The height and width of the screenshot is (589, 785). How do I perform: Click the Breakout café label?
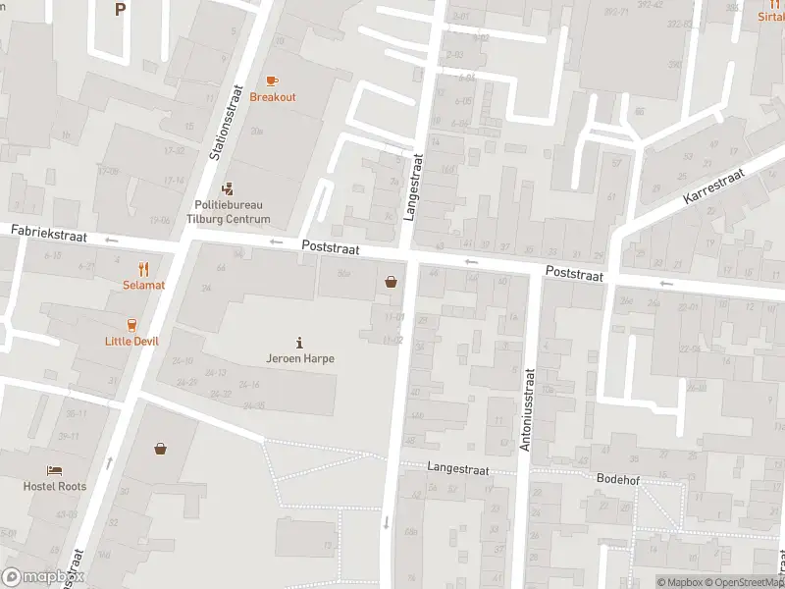pos(273,97)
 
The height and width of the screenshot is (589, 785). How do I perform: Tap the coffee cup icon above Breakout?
pos(272,80)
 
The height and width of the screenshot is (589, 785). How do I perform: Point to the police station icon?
pos(228,187)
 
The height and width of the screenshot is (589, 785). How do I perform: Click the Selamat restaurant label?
pos(143,285)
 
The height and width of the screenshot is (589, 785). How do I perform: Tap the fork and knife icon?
pos(143,268)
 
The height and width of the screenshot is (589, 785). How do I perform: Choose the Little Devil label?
pos(131,341)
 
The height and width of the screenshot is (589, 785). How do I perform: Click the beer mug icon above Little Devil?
pos(131,324)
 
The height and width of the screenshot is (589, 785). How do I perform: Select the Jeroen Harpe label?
pos(300,358)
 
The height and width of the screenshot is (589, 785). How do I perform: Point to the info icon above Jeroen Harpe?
pos(299,343)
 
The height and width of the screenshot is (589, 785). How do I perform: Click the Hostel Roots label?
pos(55,486)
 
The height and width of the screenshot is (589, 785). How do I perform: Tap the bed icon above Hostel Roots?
pos(55,469)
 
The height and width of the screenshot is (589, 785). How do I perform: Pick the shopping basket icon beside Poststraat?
pos(392,282)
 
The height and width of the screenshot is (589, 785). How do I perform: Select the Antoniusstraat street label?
pos(527,409)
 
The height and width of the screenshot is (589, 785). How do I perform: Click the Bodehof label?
pos(617,478)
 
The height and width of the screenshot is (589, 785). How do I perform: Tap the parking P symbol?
pos(120,10)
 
